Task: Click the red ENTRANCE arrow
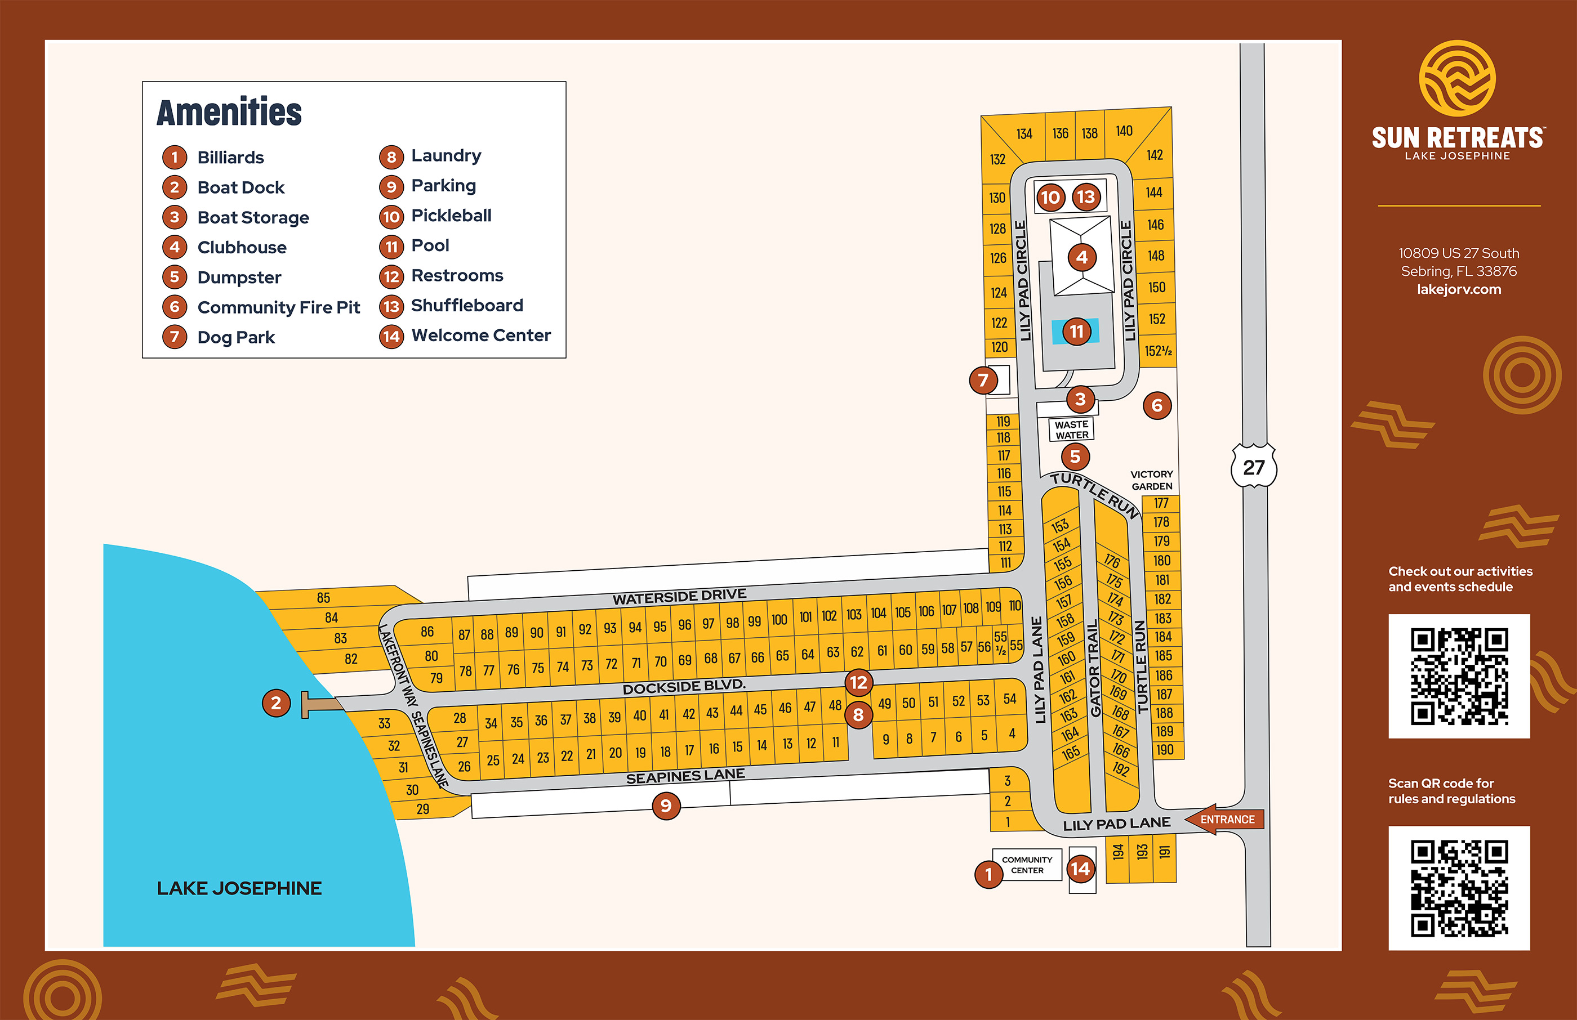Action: click(1225, 819)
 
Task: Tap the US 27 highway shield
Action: click(1254, 468)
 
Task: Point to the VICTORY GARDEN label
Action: click(1152, 480)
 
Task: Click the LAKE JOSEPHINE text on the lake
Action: click(239, 888)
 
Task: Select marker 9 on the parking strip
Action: click(666, 806)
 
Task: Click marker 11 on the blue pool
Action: click(1077, 331)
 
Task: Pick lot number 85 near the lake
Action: click(323, 597)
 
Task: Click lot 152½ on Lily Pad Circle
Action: click(1158, 351)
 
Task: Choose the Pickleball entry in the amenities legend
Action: click(451, 216)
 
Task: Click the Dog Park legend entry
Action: click(235, 337)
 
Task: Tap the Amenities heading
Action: click(229, 112)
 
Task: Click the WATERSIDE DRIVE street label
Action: click(679, 596)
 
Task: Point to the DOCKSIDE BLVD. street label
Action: click(684, 687)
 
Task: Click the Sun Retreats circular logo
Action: click(1457, 78)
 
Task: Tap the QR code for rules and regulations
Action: click(1459, 888)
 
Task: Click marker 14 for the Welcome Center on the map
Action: click(1080, 869)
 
